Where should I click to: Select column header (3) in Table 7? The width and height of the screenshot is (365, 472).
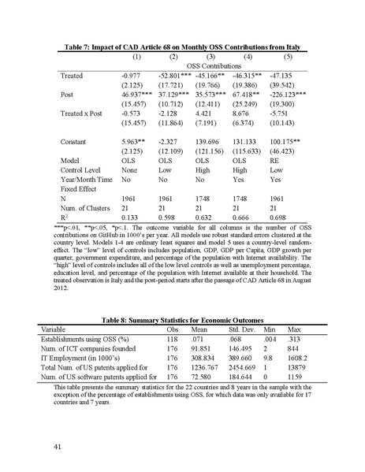pos(210,58)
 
